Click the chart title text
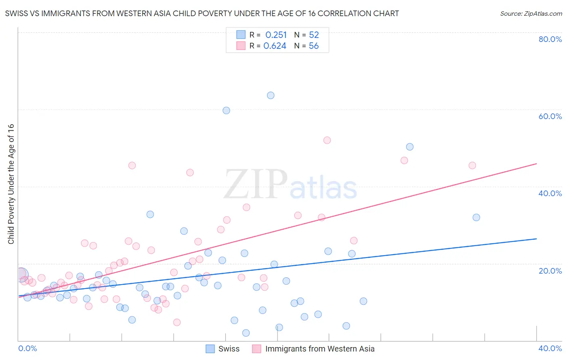(x=202, y=13)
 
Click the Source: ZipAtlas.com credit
(x=531, y=13)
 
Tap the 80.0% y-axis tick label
(x=550, y=39)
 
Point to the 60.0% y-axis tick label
(x=550, y=116)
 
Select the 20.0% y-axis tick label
(x=550, y=271)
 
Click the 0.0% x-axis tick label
(x=27, y=348)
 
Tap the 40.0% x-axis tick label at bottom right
(x=550, y=348)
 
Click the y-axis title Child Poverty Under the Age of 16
(x=11, y=184)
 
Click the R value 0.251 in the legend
(x=276, y=35)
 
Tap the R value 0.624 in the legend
(x=275, y=46)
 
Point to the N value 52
(x=314, y=35)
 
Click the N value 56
(x=314, y=46)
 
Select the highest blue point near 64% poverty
(x=271, y=96)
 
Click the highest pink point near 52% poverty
(x=327, y=140)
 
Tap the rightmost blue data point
(x=476, y=218)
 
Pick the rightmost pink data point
(x=472, y=165)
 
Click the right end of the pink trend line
(x=536, y=163)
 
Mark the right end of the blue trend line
(x=536, y=239)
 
